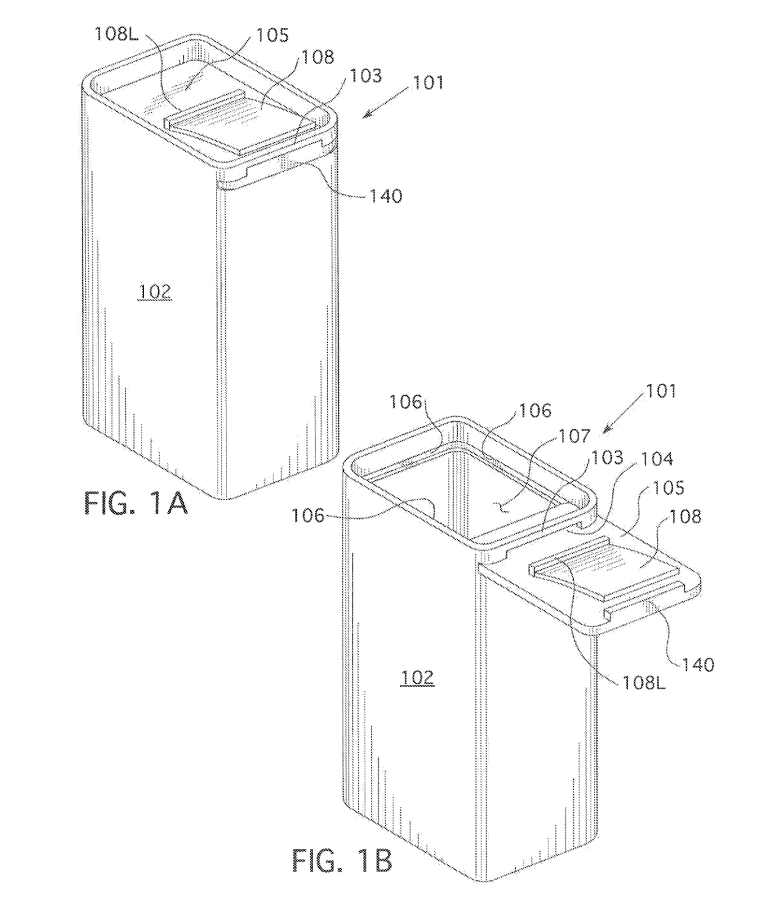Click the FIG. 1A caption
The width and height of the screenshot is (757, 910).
[136, 504]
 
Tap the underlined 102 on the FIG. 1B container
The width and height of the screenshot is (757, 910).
[417, 678]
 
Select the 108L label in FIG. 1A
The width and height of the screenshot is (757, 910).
[116, 34]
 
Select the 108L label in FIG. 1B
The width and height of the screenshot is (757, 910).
[644, 683]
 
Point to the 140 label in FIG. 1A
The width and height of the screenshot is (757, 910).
[386, 197]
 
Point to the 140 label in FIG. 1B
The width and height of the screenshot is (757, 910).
[698, 665]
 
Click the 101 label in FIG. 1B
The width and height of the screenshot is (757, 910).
[661, 391]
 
